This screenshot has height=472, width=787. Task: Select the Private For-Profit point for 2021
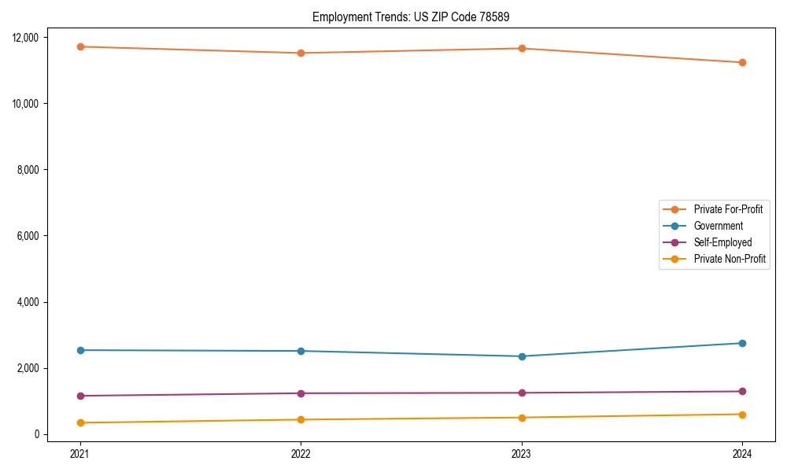coord(80,46)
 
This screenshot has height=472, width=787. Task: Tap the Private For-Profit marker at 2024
coord(742,62)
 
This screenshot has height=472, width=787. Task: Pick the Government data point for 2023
coord(522,356)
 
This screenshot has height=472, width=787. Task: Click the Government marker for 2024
coord(742,343)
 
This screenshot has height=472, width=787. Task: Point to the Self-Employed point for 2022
coord(301,393)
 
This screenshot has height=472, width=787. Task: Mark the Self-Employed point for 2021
coord(80,396)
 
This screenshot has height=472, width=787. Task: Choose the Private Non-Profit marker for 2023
coord(522,418)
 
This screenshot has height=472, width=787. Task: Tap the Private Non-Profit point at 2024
coord(742,415)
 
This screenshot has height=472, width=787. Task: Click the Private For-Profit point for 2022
coord(301,53)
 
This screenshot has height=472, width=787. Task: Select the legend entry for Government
coord(718,226)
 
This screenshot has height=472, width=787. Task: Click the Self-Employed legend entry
coord(722,242)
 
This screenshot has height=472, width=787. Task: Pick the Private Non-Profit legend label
coord(730,259)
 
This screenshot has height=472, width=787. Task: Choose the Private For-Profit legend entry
coord(728,209)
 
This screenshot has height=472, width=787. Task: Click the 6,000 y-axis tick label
coord(34,236)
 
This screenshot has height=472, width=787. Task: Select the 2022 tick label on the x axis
coord(301,453)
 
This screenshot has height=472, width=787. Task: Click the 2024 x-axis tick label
coord(742,453)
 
